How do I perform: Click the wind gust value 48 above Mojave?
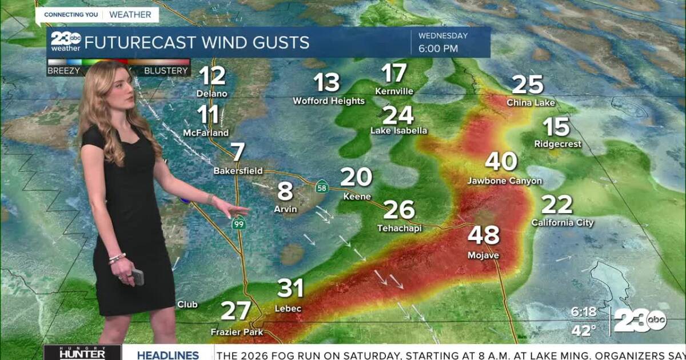[x=484, y=235]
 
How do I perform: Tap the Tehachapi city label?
[x=399, y=228]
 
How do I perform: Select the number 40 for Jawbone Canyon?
[x=501, y=162]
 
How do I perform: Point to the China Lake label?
[x=531, y=103]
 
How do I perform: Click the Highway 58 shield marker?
[x=322, y=186]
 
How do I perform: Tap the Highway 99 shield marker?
[x=239, y=225]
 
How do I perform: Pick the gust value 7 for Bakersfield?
[x=238, y=152]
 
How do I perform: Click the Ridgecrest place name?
[x=557, y=144]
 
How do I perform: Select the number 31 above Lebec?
[x=289, y=289]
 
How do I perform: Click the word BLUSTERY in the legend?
[x=166, y=71]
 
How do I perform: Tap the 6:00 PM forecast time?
[x=438, y=49]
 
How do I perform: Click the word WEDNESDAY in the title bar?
[x=443, y=35]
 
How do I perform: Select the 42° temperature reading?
[x=584, y=330]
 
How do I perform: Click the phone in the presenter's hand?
[x=137, y=277]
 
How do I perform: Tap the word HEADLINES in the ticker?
[x=167, y=355]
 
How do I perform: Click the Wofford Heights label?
[x=329, y=101]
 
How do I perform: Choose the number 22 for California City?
[x=556, y=205]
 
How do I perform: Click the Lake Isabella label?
[x=398, y=130]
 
